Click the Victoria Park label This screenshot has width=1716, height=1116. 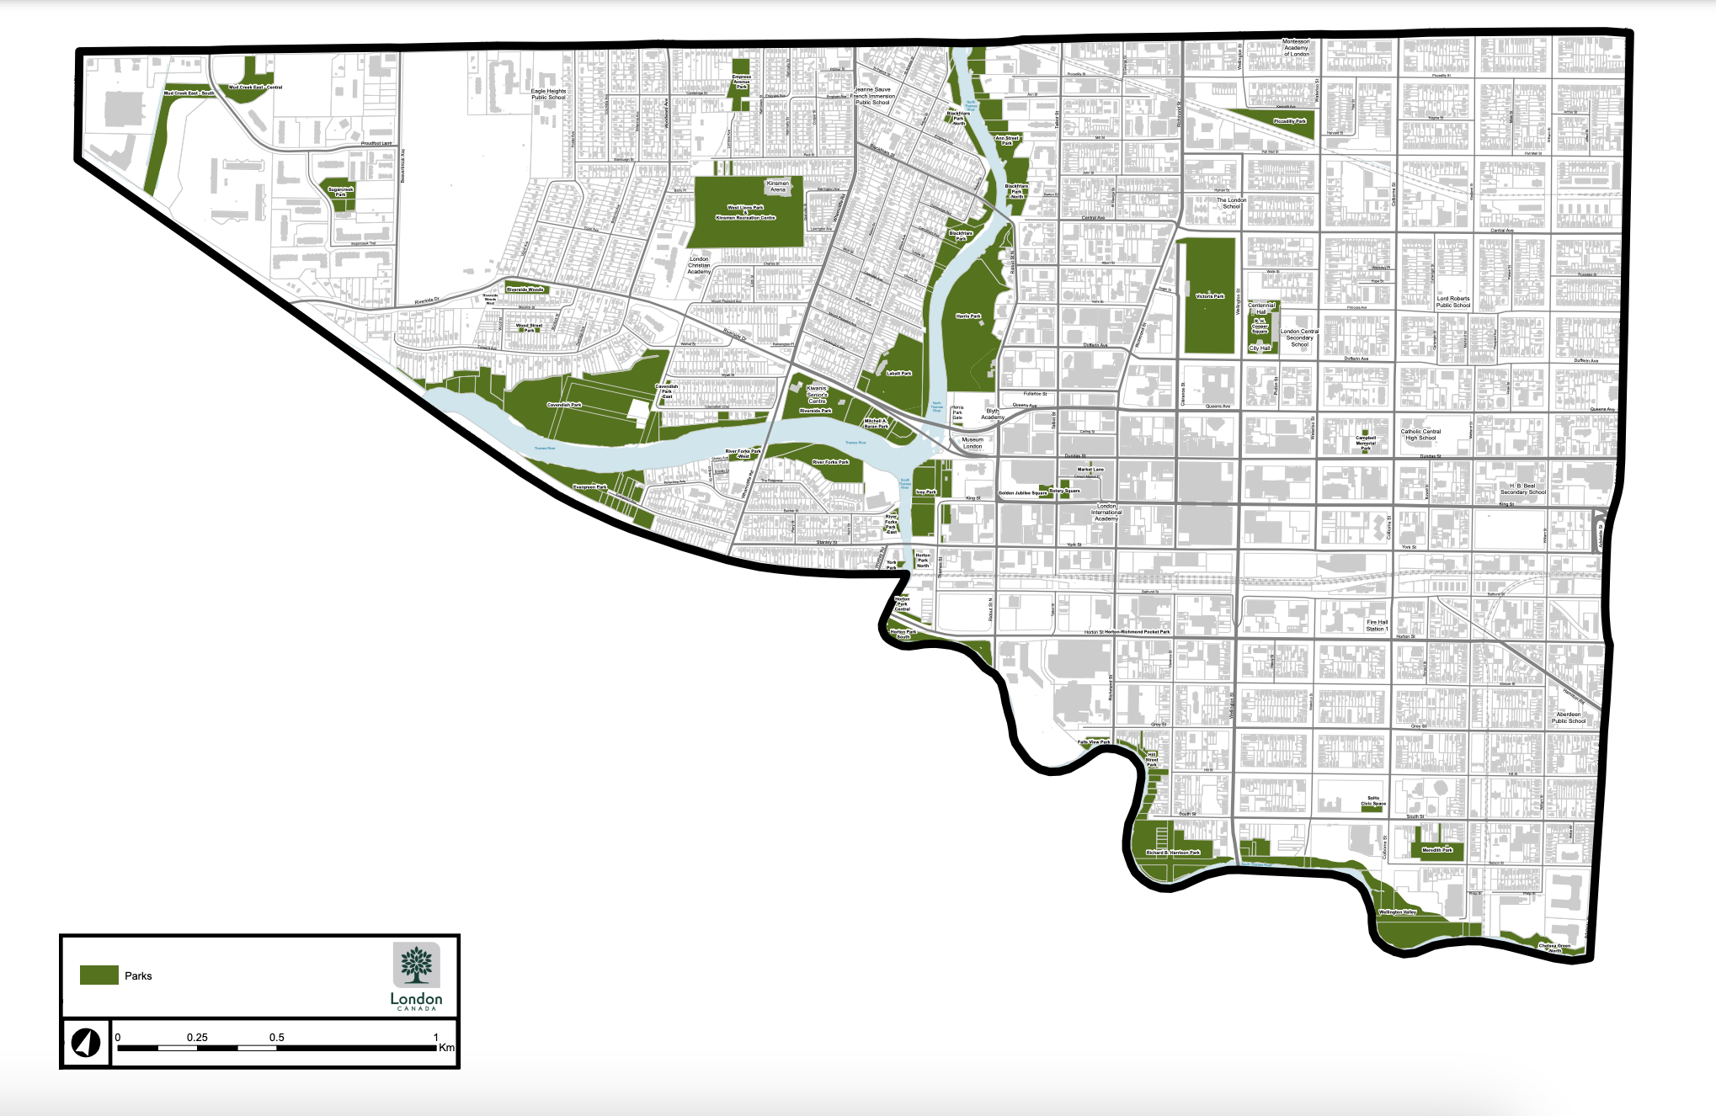[x=1210, y=296]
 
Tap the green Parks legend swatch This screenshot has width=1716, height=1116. [x=99, y=975]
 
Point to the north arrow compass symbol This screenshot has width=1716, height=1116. [x=85, y=1043]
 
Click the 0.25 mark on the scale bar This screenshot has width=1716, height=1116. [x=197, y=1038]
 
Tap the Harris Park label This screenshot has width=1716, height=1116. [x=968, y=316]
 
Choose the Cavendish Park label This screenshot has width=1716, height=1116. [x=564, y=405]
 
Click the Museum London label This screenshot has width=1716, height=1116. [x=973, y=443]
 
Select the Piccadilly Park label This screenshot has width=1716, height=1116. [x=1289, y=121]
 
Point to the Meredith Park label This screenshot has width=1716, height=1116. [x=1437, y=850]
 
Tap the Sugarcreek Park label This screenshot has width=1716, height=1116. [x=340, y=192]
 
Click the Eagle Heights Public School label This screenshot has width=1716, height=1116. [x=548, y=94]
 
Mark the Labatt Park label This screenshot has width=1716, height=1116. [x=898, y=373]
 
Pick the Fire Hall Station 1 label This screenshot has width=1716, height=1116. [x=1377, y=625]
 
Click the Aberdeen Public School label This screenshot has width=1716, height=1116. [x=1568, y=718]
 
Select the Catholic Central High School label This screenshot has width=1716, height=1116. [x=1420, y=434]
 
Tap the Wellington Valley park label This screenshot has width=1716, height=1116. [x=1398, y=911]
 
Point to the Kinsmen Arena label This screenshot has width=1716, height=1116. [x=777, y=186]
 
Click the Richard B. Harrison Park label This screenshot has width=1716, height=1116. [x=1173, y=853]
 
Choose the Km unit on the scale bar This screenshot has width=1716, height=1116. [x=446, y=1048]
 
